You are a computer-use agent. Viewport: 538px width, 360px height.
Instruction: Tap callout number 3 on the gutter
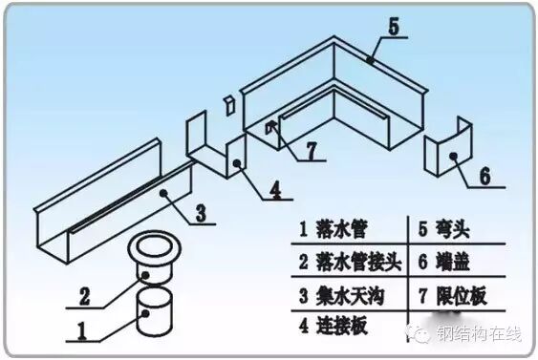pyautogui.click(x=200, y=211)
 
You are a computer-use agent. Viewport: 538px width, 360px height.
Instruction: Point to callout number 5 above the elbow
pyautogui.click(x=393, y=25)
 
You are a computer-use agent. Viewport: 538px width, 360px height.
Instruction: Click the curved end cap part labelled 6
pyautogui.click(x=446, y=152)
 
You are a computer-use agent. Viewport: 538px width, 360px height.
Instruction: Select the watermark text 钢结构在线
pyautogui.click(x=484, y=335)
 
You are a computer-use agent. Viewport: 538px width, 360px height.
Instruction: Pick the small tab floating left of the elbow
pyautogui.click(x=227, y=102)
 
